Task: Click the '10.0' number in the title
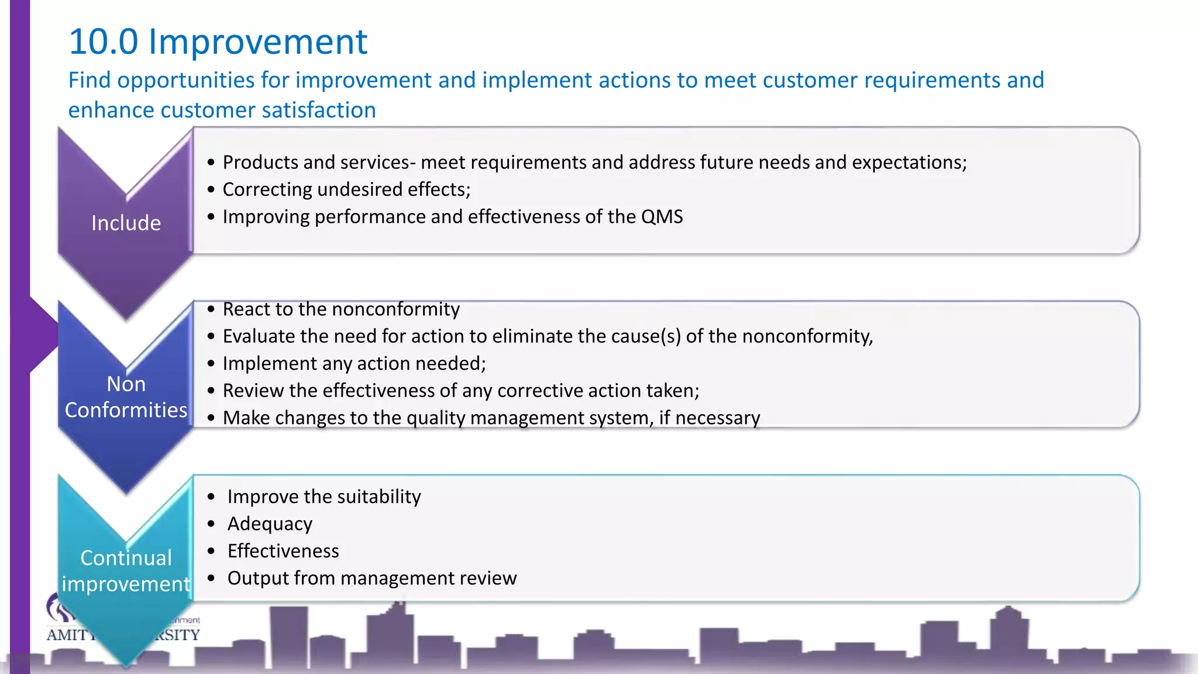(103, 42)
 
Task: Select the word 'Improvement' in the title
(258, 42)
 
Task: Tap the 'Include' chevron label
(126, 223)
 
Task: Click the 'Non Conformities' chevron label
(126, 397)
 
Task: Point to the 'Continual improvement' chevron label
(126, 571)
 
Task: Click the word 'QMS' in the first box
(662, 217)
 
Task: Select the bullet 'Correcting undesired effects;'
(346, 190)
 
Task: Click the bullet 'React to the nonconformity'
(341, 309)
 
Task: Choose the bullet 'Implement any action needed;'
(354, 363)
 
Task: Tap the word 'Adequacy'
(270, 524)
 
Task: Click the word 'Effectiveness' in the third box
(283, 551)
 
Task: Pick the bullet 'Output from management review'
(371, 578)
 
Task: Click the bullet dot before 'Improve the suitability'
(211, 497)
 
